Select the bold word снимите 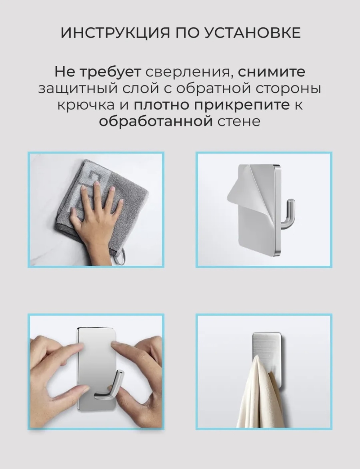(x=272, y=72)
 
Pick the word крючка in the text (x=86, y=105)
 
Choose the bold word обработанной (x=156, y=122)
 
